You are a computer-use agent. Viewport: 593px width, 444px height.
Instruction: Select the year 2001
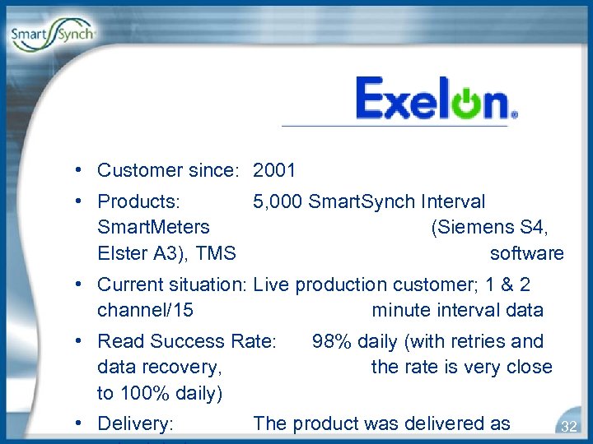[274, 171]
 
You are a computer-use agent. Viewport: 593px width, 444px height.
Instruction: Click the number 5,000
[278, 201]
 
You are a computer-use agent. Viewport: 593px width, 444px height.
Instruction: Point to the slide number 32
[568, 426]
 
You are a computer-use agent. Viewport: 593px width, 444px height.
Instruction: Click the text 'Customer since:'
[168, 171]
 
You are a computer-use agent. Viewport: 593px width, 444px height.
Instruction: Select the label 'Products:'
[140, 201]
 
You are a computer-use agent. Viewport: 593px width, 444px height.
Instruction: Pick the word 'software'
[527, 253]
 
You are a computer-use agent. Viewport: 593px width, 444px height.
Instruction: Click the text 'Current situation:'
[172, 285]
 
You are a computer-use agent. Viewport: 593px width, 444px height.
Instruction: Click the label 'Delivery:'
[135, 424]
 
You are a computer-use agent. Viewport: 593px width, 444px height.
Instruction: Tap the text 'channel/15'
[146, 311]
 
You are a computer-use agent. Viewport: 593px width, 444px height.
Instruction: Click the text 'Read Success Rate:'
[186, 341]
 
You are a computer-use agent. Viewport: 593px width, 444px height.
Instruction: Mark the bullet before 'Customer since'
[76, 170]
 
